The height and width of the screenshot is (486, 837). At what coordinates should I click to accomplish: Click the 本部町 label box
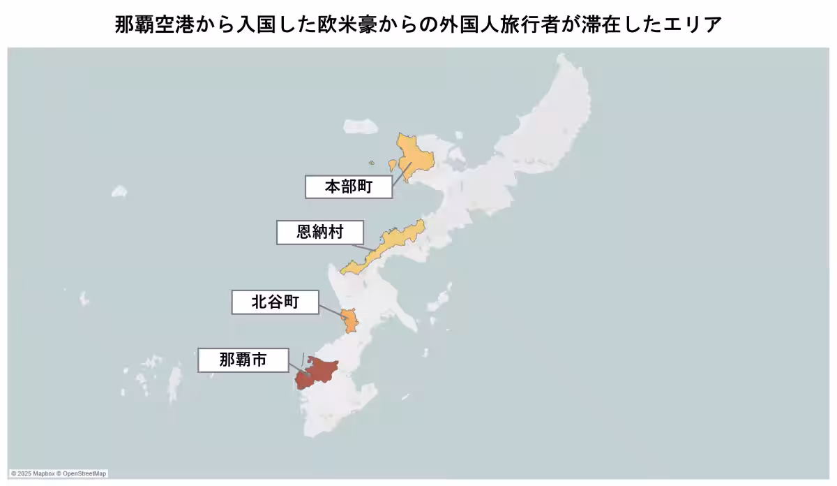[349, 186]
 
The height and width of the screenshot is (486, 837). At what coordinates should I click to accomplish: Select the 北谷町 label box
[275, 302]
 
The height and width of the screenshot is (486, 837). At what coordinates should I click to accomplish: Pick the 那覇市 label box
[242, 360]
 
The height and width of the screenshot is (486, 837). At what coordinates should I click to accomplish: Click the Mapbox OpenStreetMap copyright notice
[59, 473]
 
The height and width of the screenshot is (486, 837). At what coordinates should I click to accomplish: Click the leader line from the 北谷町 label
[333, 310]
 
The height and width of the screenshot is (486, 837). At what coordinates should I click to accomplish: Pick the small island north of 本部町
[361, 126]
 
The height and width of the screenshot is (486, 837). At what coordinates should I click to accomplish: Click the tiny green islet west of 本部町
[372, 164]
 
